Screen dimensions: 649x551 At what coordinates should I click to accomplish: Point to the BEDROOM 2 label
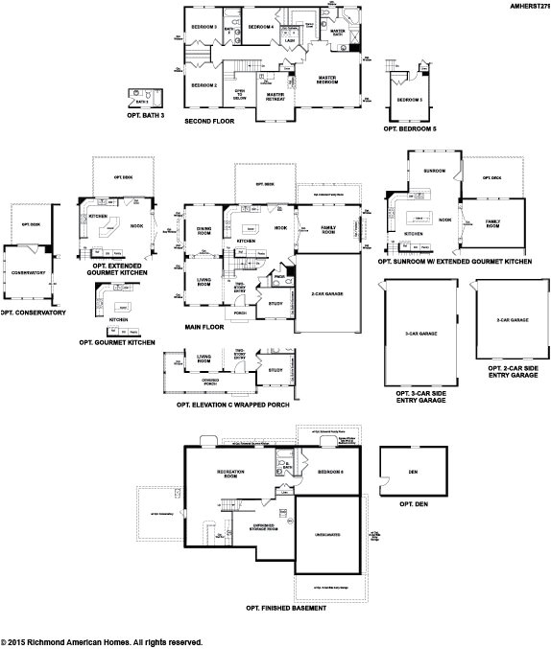[204, 86]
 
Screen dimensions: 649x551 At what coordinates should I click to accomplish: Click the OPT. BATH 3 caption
[146, 115]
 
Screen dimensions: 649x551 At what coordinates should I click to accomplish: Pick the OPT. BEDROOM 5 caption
[410, 127]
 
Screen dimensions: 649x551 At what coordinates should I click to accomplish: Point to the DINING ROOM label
[204, 230]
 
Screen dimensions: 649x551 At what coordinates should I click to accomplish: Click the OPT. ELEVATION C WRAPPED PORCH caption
[232, 404]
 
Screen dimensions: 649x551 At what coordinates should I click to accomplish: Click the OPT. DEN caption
[412, 503]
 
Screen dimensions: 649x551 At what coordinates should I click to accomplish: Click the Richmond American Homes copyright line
[102, 641]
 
